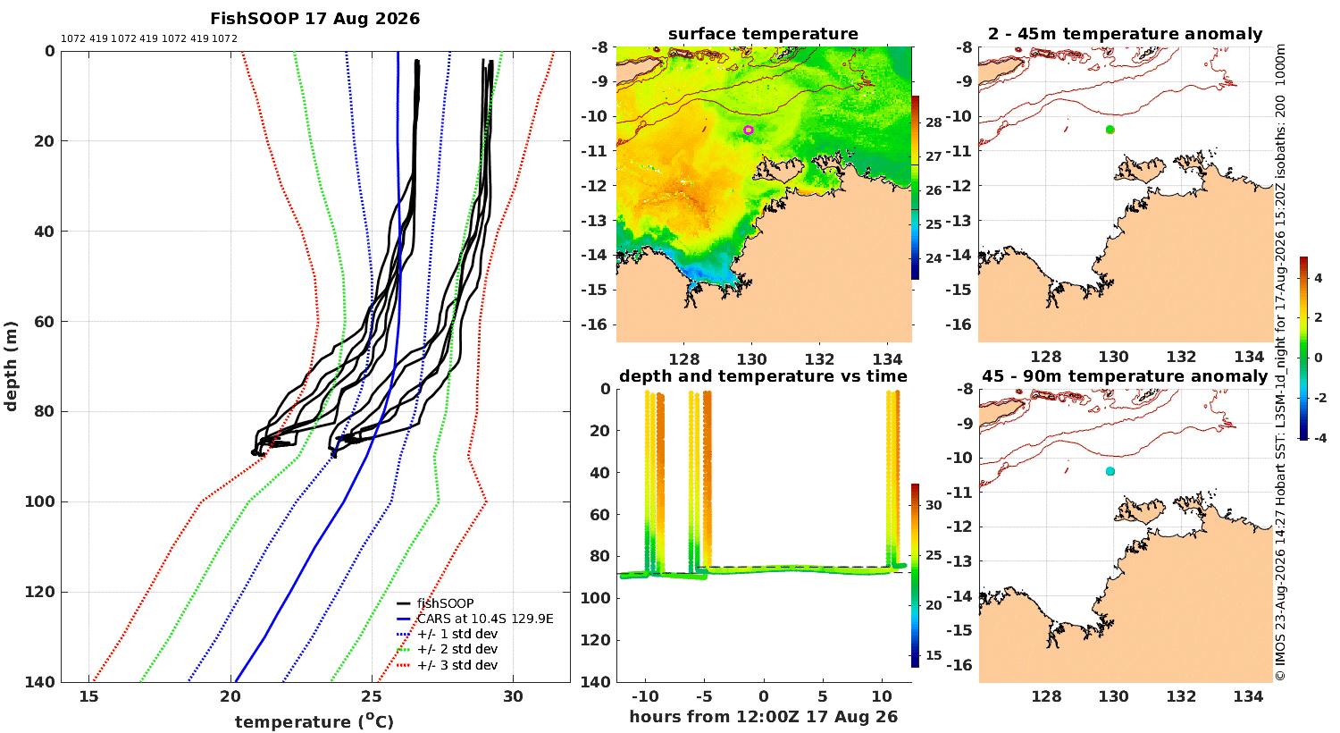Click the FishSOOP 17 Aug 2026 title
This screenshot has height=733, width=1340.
point(314,19)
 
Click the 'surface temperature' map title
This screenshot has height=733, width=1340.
point(763,33)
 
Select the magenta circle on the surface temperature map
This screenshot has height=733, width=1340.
point(749,130)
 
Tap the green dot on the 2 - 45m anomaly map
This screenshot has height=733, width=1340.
point(1110,130)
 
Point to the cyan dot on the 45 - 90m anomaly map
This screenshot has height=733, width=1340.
point(1110,471)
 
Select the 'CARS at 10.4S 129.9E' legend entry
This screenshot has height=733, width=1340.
point(475,619)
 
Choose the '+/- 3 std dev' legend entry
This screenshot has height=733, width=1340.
point(448,665)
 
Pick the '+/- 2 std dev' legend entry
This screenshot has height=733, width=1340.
point(448,649)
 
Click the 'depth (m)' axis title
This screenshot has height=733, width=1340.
point(10,366)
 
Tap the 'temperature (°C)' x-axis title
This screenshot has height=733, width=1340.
point(314,721)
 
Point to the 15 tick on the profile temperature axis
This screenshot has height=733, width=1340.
point(89,696)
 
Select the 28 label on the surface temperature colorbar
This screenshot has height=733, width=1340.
point(934,122)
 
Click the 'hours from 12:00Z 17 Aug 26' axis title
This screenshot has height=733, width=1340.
point(763,716)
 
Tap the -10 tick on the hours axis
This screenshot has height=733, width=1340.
point(645,696)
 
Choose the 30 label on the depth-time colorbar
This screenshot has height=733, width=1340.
point(934,505)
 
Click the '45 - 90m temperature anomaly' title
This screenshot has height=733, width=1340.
point(1125,375)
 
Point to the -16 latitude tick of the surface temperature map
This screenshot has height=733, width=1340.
point(594,324)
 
